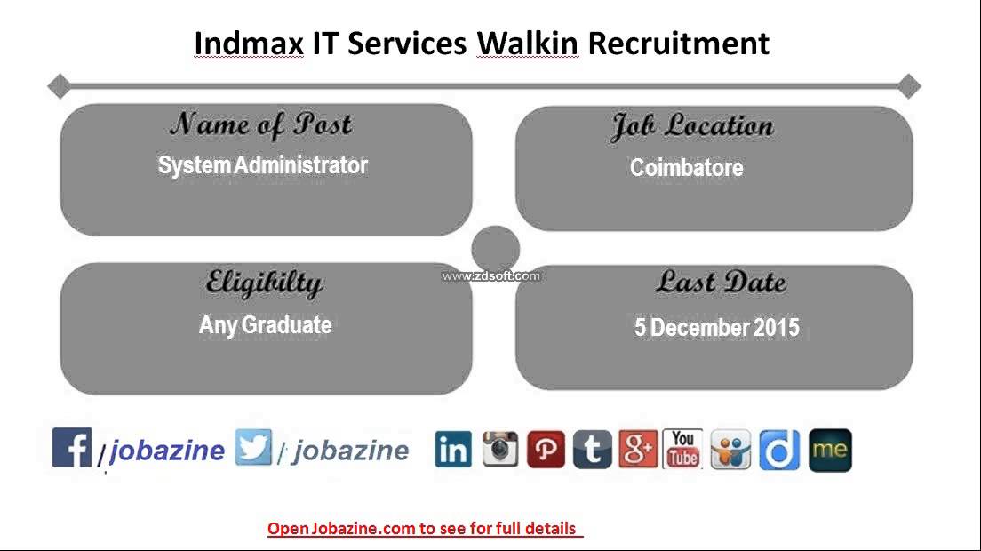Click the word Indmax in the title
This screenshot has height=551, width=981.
(x=249, y=43)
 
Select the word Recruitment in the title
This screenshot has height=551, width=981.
(x=678, y=43)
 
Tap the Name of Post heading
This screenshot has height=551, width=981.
(x=261, y=124)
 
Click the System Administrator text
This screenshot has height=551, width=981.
(x=262, y=165)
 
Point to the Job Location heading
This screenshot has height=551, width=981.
(x=691, y=126)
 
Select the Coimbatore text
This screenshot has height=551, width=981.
(x=686, y=168)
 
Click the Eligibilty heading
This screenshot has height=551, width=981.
(x=264, y=283)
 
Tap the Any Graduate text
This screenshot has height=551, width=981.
(x=265, y=325)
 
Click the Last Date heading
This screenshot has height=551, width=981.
(x=721, y=283)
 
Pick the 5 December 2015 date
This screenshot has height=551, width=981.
(x=716, y=328)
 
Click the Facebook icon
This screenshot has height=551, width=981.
(x=72, y=447)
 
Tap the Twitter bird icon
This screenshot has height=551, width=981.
(x=253, y=447)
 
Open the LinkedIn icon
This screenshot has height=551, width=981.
(x=453, y=450)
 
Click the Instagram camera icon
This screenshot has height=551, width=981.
(x=499, y=450)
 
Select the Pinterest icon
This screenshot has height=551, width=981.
(x=546, y=450)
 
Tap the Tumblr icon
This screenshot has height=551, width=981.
(x=592, y=450)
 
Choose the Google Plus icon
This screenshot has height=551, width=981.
(x=637, y=450)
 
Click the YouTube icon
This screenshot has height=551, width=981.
(x=682, y=450)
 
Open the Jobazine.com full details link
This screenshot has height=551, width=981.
(x=423, y=529)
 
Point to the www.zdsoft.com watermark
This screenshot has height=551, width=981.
(x=490, y=276)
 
